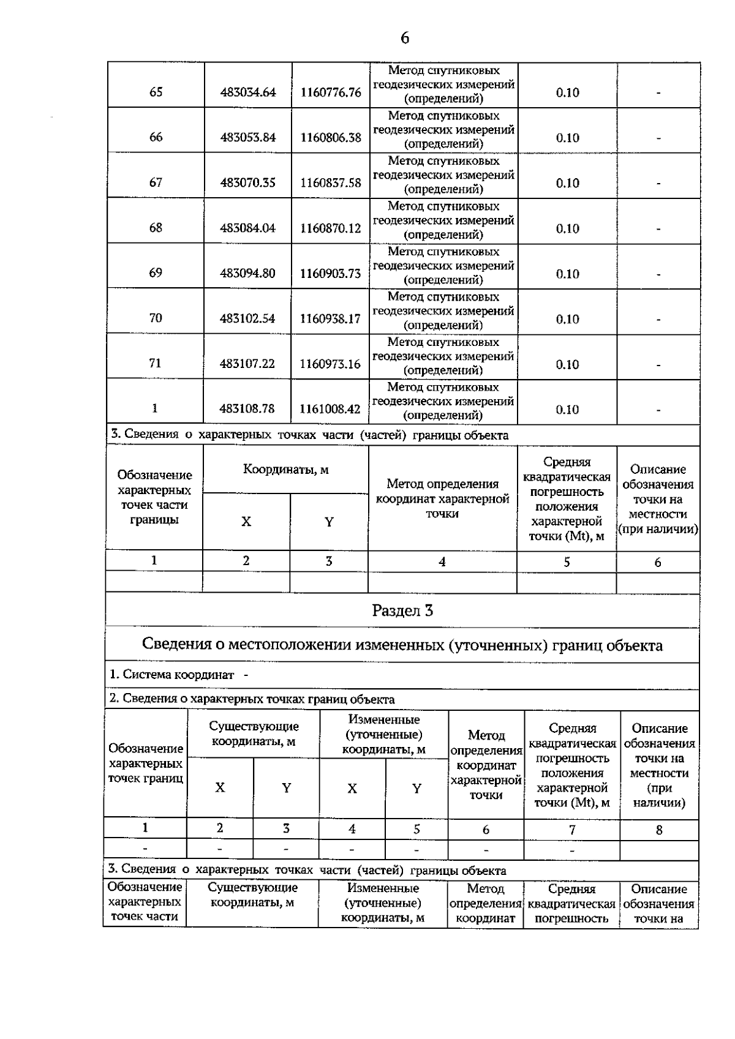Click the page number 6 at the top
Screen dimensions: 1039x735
coord(404,39)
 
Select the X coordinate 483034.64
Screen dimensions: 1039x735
coord(248,92)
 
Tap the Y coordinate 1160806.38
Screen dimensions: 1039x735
coord(331,138)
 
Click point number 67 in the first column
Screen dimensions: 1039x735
coord(156,182)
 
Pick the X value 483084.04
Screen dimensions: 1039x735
coord(248,228)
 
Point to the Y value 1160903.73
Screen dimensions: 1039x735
coord(331,274)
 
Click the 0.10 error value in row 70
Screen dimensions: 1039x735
coord(567,319)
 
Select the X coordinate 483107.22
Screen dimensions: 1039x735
coord(248,364)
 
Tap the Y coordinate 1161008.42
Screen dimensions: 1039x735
coord(331,409)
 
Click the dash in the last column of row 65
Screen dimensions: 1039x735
coord(658,93)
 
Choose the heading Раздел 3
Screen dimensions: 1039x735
coord(402,610)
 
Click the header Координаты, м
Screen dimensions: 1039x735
coord(286,470)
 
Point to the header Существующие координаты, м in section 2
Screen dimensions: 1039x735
coord(254,733)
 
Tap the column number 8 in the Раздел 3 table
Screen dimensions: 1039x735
coord(659,830)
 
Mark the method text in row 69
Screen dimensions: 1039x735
coord(443,266)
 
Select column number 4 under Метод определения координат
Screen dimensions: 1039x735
coord(442,561)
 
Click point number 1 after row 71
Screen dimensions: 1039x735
coord(155,408)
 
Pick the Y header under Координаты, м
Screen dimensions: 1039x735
coord(329,522)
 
